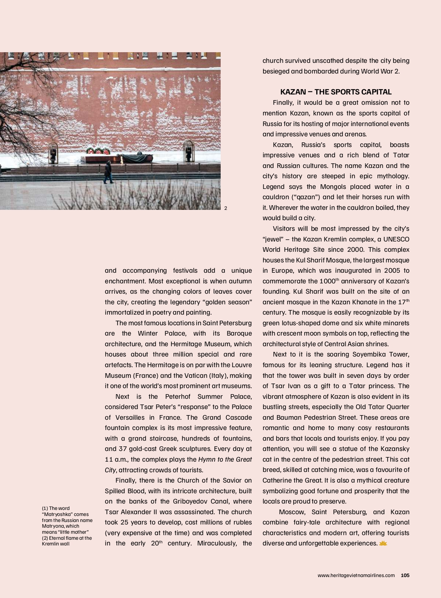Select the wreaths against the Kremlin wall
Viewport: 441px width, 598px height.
97,151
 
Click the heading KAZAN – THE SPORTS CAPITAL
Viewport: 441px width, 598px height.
336,92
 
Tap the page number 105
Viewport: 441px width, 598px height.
405,575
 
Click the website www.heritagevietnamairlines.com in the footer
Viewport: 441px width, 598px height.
356,575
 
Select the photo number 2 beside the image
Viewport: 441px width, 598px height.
226,208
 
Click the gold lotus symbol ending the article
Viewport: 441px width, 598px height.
383,543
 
